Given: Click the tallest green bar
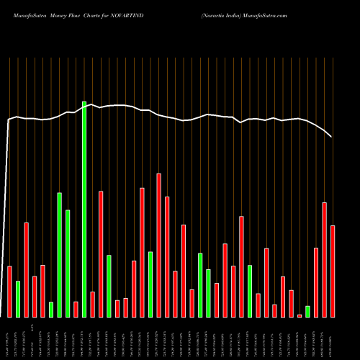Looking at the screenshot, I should (84, 210).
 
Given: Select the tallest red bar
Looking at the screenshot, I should (158, 246).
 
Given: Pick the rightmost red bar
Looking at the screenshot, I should (333, 271).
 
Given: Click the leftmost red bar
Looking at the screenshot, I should (10, 292).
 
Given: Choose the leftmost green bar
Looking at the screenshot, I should (18, 299).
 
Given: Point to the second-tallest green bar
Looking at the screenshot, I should (60, 255).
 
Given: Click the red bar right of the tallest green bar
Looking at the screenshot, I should (93, 305).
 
